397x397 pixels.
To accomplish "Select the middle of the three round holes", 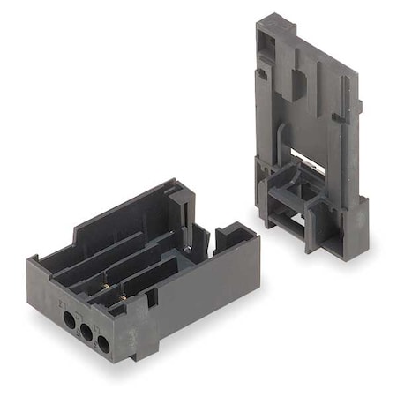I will click(87, 330).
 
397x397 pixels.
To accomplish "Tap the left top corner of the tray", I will click(34, 261).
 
